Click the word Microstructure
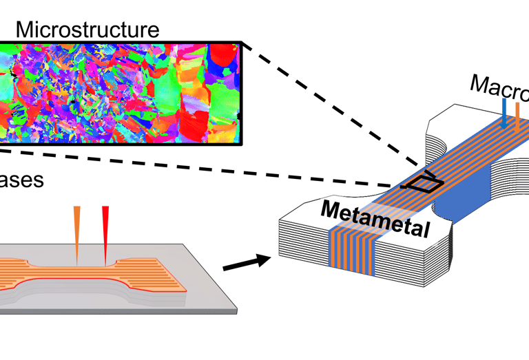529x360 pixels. [87, 30]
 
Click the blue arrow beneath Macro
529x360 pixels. [505, 113]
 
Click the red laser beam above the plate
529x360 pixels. [105, 231]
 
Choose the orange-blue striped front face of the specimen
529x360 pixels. [353, 251]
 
